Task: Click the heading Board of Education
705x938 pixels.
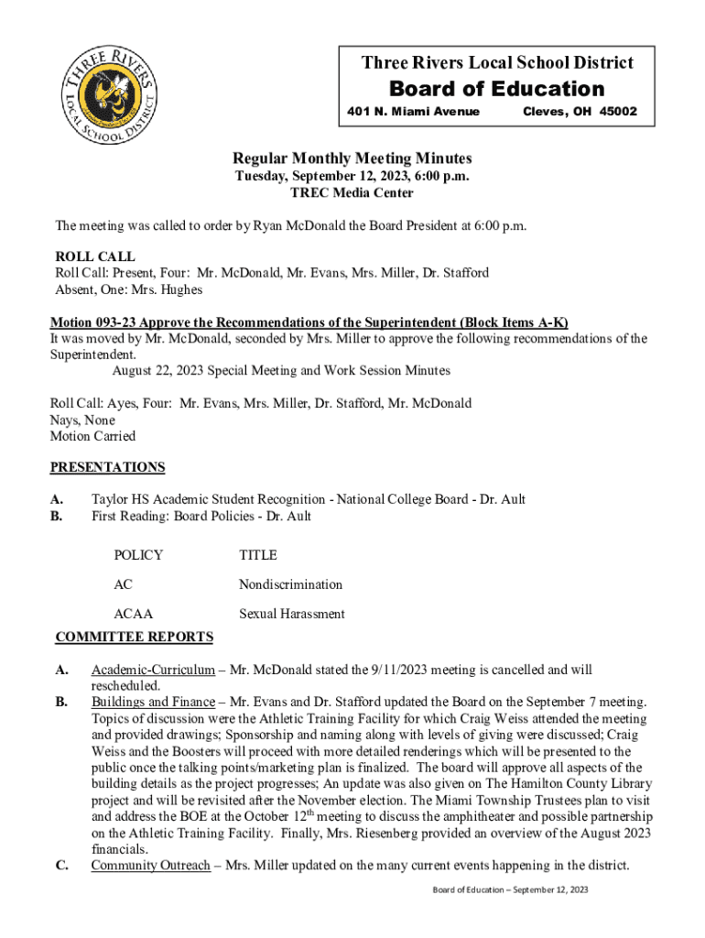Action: (497, 89)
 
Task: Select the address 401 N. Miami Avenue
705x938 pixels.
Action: (413, 112)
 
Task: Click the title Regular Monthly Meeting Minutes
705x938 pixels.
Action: (352, 158)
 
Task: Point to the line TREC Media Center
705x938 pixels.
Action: (352, 193)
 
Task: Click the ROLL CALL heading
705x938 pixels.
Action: (95, 256)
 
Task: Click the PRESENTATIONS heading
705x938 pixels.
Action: (107, 467)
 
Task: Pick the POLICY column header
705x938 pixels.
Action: (138, 555)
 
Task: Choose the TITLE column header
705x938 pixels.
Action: (258, 555)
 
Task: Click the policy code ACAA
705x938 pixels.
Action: (133, 614)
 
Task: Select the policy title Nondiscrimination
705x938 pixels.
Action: (290, 584)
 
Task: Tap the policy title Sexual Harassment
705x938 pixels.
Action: (292, 614)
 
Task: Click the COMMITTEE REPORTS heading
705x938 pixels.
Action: (135, 637)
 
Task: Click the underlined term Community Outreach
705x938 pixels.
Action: (150, 866)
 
